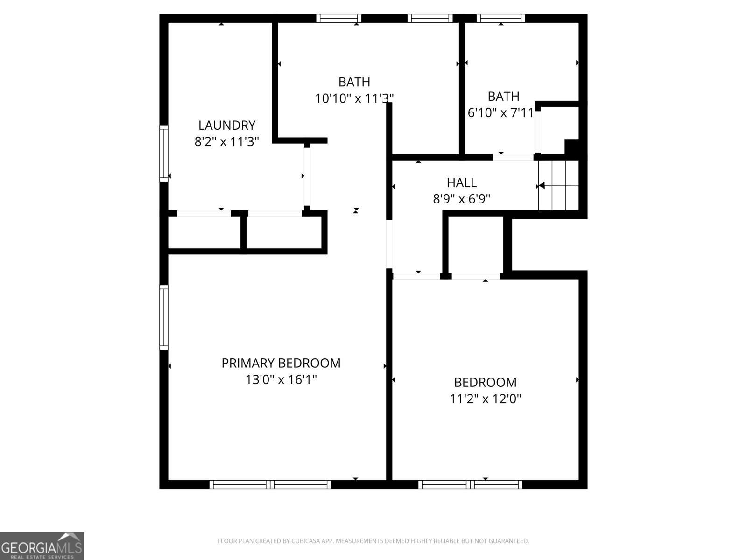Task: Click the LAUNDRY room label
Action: click(227, 125)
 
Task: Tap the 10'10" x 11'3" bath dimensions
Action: click(354, 98)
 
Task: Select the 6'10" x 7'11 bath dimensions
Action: click(500, 113)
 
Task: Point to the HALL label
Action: click(461, 182)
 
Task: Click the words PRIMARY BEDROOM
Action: click(281, 363)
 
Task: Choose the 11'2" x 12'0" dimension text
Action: click(485, 399)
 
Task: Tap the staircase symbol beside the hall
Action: click(559, 185)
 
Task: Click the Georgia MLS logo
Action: click(42, 546)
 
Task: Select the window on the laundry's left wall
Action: click(163, 153)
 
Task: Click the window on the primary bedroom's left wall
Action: click(163, 317)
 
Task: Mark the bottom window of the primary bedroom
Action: click(270, 485)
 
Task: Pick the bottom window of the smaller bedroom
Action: click(470, 485)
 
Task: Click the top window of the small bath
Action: click(500, 19)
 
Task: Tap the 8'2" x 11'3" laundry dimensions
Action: click(227, 142)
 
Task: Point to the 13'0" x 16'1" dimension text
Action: click(281, 380)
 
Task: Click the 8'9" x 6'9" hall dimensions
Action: click(461, 199)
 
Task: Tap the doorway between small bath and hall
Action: click(513, 157)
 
